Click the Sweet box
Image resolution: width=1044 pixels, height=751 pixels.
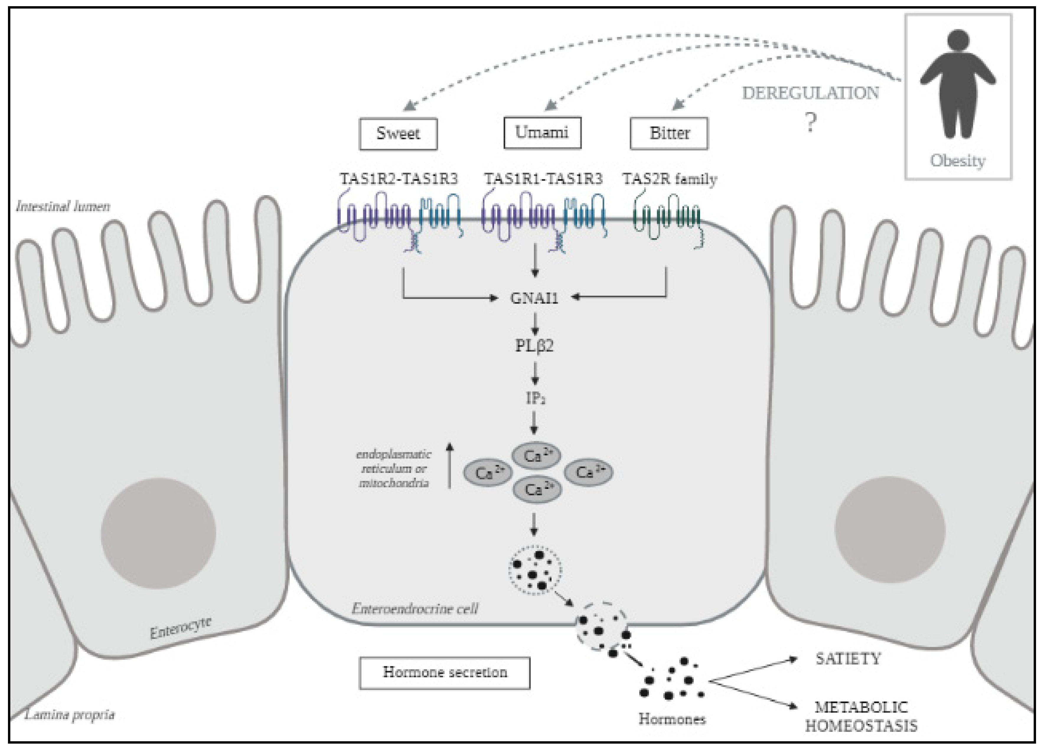click(398, 134)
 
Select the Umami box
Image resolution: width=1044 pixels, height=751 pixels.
click(542, 133)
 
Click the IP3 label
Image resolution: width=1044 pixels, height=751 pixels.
click(535, 398)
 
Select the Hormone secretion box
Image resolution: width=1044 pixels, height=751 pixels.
click(445, 673)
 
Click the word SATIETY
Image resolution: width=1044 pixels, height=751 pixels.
click(848, 659)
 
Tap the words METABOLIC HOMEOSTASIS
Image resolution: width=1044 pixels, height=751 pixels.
click(861, 716)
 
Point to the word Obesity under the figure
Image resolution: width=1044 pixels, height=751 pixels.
click(958, 161)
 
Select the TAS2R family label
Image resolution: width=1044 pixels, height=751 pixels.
click(670, 179)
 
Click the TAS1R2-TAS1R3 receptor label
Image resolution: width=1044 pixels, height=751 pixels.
click(399, 179)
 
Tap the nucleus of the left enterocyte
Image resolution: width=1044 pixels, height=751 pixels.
click(158, 534)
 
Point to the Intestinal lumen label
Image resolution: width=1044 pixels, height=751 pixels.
click(63, 206)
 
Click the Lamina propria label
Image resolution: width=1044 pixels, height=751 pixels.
click(69, 715)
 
